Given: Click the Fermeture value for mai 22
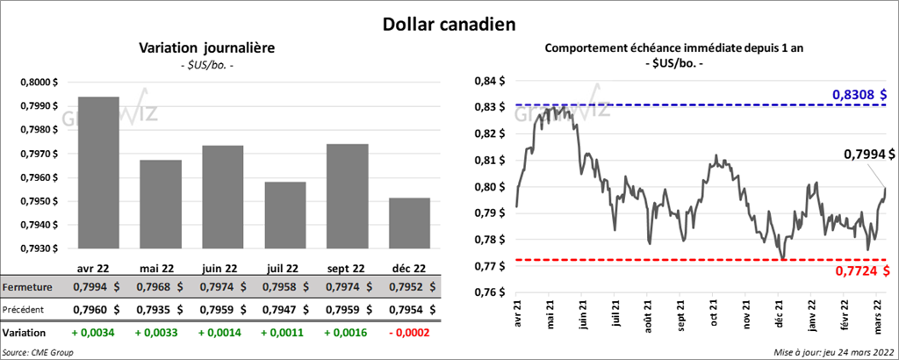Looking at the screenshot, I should (161, 287).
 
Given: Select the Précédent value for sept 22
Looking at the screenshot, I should (347, 310).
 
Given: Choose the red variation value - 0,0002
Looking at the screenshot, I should (408, 333).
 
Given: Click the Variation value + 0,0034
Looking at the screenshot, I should (98, 333).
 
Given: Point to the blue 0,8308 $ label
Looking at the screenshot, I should (859, 94).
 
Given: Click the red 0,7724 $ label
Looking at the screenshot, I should (859, 271).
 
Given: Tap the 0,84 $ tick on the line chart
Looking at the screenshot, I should (490, 82).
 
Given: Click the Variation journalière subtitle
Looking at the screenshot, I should (207, 47).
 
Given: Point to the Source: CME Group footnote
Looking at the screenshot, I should (37, 352).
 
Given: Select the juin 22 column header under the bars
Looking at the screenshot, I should (223, 267).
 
